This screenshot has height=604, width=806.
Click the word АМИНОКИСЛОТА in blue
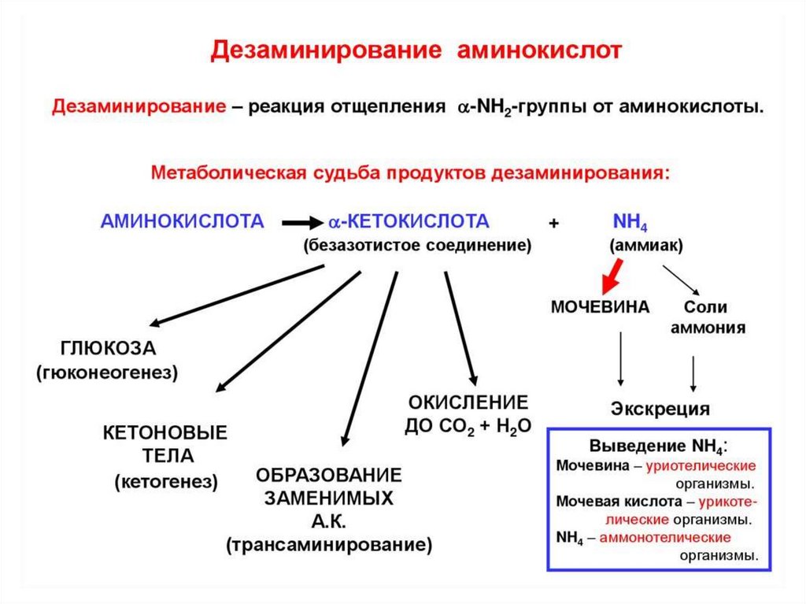pyautogui.click(x=182, y=221)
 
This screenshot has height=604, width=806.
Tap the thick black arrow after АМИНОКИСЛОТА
pyautogui.click(x=300, y=222)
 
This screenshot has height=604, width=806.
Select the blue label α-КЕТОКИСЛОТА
pyautogui.click(x=409, y=221)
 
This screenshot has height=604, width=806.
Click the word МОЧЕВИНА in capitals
pyautogui.click(x=600, y=307)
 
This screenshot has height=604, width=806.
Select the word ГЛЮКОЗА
pyautogui.click(x=108, y=349)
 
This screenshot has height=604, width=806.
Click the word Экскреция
pyautogui.click(x=660, y=409)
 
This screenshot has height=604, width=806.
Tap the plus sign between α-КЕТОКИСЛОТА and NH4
pyautogui.click(x=554, y=223)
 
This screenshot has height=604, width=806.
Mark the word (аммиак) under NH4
pyautogui.click(x=645, y=246)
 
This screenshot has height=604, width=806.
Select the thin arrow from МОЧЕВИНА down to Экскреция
pyautogui.click(x=622, y=358)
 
